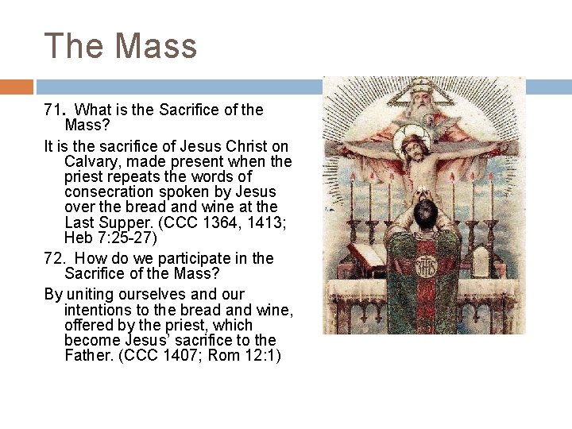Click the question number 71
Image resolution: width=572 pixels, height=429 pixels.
tap(53, 110)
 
